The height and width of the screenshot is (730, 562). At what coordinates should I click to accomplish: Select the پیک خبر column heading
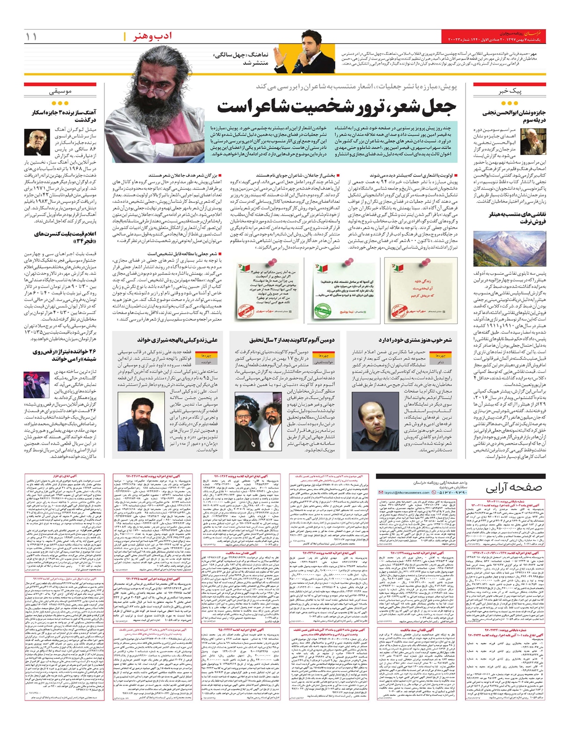[x=509, y=91]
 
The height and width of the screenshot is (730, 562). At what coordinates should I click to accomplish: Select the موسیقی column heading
[x=60, y=92]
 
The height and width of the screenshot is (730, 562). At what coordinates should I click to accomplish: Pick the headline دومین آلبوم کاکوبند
[x=286, y=340]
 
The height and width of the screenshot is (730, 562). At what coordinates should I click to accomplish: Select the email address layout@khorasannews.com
[x=407, y=493]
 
